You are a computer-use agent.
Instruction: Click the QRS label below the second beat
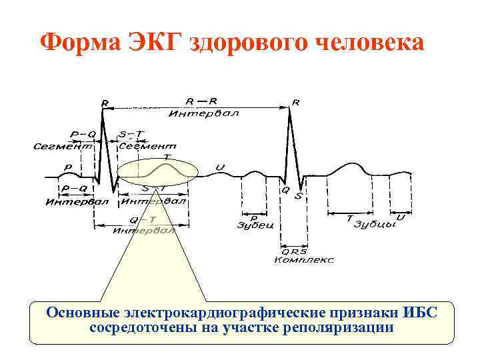tap(294, 251)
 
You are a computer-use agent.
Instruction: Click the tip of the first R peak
tap(103, 109)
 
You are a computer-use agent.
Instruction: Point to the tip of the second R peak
tap(291, 109)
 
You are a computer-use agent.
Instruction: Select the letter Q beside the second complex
tap(285, 191)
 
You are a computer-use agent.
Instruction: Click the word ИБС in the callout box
tap(420, 313)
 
